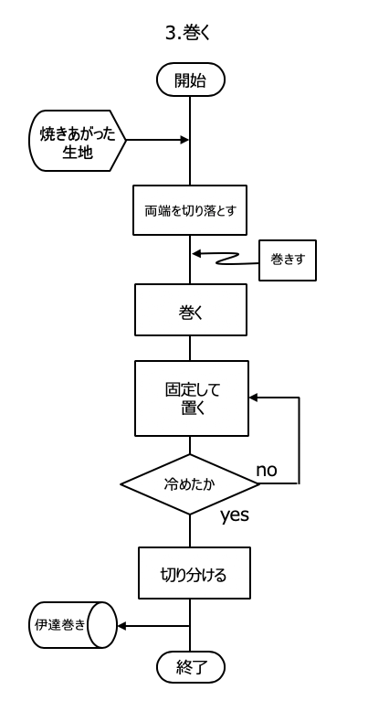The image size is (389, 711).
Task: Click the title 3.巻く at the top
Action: click(188, 34)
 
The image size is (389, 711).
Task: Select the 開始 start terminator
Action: click(191, 80)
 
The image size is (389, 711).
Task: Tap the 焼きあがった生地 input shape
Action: click(77, 141)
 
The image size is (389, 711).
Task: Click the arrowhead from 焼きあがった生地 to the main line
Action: click(184, 140)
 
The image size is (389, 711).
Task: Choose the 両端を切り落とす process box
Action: click(190, 210)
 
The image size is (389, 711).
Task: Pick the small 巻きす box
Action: click(288, 260)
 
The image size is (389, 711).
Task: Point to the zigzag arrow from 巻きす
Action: click(225, 259)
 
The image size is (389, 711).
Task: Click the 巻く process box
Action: click(191, 310)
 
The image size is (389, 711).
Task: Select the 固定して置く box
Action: click(192, 398)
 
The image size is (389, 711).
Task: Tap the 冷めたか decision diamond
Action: click(190, 484)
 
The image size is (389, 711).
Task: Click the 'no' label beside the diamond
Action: click(267, 471)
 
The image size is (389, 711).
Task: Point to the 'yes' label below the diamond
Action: click(235, 515)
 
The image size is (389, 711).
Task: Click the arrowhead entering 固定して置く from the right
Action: click(254, 398)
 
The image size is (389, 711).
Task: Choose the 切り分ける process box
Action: click(194, 573)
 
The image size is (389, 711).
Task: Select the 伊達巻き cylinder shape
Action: click(73, 625)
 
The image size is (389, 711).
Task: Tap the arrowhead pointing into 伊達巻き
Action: click(121, 626)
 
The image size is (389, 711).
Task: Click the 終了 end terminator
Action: click(191, 667)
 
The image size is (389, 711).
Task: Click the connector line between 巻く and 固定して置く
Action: click(190, 348)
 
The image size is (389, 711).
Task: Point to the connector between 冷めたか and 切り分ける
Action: click(190, 531)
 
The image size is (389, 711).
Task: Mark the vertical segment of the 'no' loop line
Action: click(299, 440)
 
